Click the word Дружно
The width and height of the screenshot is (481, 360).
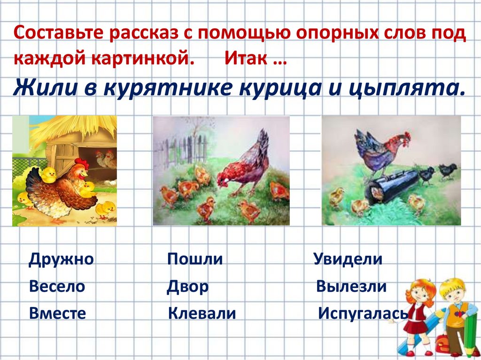pos(61,259)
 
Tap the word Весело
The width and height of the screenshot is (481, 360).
pos(57,286)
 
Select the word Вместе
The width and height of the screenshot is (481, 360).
pos(57,314)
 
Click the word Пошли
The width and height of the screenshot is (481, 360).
pos(195,259)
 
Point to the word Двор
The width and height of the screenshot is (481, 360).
pos(187,286)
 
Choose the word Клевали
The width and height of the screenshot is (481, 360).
pos(202,314)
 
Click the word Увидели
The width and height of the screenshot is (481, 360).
pos(348,259)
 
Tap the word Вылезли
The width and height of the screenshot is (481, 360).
pos(351,286)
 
